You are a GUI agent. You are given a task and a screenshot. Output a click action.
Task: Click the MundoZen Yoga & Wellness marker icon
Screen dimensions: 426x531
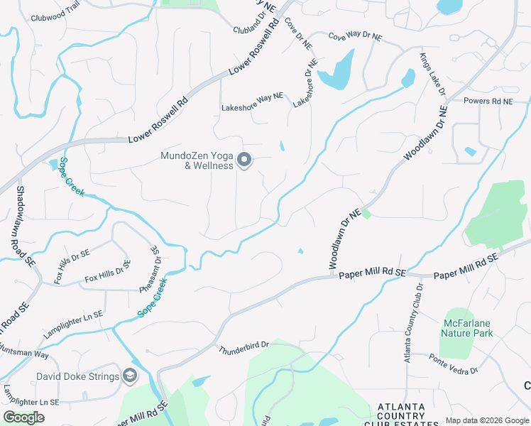244,160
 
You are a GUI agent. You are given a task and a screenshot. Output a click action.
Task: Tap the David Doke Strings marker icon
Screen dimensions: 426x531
129,376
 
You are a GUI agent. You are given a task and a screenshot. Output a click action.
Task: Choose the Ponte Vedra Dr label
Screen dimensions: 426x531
453,364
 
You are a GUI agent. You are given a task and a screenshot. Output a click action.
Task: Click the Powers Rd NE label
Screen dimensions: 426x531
488,102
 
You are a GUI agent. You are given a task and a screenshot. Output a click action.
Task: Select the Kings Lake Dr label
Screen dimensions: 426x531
432,73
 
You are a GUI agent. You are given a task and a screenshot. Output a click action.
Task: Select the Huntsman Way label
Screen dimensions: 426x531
25,353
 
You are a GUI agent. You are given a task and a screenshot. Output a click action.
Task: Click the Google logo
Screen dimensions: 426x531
23,417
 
